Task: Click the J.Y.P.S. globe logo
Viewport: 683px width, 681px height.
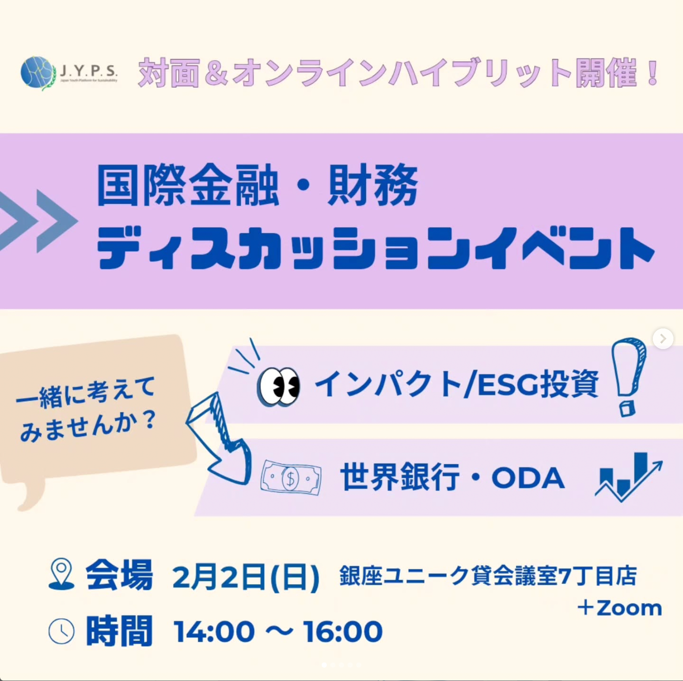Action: [x=38, y=73]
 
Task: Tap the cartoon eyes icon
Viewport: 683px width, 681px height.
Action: [x=278, y=386]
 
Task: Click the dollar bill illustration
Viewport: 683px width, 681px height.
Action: [x=291, y=477]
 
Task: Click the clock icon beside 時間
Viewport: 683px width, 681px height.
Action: [x=61, y=631]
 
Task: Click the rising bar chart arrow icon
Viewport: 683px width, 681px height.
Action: [x=629, y=477]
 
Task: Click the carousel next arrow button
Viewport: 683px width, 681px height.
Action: [x=663, y=339]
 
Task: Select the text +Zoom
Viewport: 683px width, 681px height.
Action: [x=620, y=608]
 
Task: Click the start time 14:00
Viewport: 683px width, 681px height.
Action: [x=214, y=632]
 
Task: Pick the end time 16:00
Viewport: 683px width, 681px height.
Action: [x=343, y=632]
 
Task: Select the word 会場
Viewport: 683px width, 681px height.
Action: [x=119, y=575]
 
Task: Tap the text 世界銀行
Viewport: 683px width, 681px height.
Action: [x=400, y=477]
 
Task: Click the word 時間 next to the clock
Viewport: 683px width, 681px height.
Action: [x=119, y=631]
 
